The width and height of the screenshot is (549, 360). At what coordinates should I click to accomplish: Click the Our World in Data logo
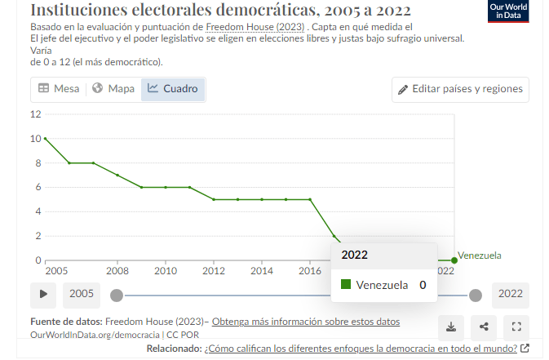[x=507, y=11]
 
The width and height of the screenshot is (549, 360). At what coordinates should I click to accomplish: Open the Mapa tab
[x=113, y=89]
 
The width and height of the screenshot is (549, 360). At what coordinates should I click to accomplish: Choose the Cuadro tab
[x=172, y=89]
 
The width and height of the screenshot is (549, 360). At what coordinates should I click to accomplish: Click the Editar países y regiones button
[x=461, y=89]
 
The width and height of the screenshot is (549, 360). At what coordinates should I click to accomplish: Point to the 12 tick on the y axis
[x=36, y=114]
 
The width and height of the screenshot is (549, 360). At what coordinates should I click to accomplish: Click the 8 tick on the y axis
[x=38, y=163]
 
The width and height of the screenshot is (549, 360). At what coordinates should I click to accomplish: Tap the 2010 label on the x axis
[x=166, y=271]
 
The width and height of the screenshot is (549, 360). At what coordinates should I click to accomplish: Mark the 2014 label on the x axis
[x=262, y=271]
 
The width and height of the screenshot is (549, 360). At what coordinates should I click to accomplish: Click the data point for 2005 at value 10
[x=46, y=139]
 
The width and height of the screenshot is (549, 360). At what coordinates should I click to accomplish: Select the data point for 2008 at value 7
[x=117, y=176]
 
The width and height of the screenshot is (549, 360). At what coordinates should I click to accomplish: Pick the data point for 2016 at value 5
[x=310, y=199]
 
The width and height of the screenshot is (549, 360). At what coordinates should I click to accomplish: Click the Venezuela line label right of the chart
[x=480, y=256]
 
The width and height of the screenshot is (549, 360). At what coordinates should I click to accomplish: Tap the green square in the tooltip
[x=346, y=285]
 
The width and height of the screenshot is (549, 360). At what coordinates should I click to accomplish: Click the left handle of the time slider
[x=117, y=295]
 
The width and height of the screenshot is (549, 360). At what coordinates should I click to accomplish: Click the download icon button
[x=450, y=327]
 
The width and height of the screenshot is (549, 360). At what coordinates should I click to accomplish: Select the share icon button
[x=484, y=327]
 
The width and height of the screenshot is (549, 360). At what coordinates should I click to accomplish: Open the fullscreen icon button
[x=516, y=327]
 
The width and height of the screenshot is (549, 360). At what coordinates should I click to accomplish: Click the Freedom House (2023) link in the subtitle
[x=255, y=27]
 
